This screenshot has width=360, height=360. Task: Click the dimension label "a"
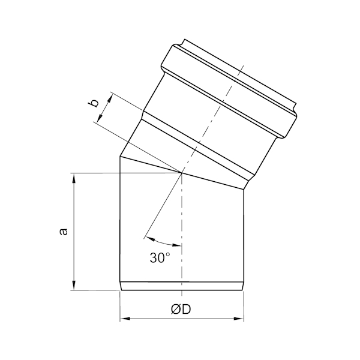[64, 232]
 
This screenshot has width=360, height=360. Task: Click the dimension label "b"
[94, 103]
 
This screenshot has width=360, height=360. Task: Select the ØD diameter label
[181, 310]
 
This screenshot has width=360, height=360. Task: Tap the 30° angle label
[160, 257]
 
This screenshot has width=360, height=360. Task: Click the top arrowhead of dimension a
[74, 178]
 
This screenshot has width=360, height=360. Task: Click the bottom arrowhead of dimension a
[74, 286]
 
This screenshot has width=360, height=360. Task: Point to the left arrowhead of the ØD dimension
[125, 319]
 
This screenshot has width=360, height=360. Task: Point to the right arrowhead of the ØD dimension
[239, 319]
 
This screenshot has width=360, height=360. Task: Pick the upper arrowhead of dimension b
[110, 99]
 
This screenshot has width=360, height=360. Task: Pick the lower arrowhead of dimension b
[100, 118]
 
